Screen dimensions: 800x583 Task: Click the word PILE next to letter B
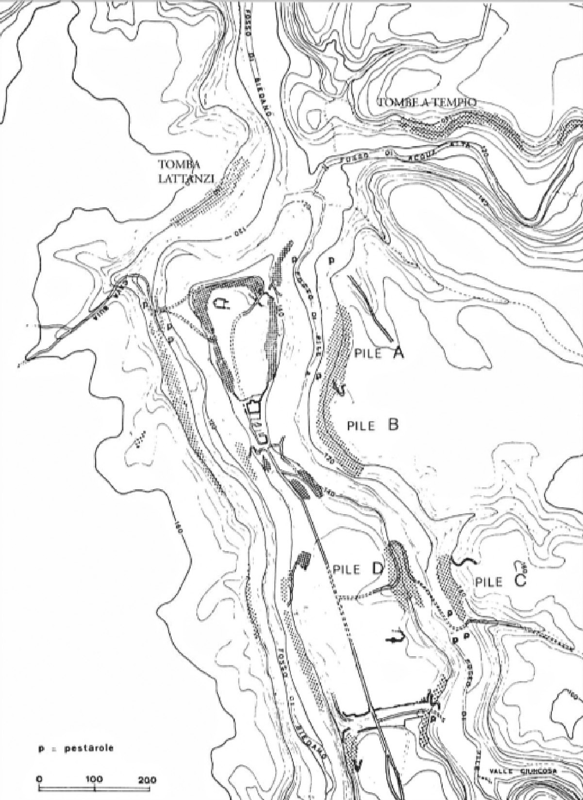(x=362, y=426)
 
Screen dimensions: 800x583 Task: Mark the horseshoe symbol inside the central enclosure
(x=222, y=304)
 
